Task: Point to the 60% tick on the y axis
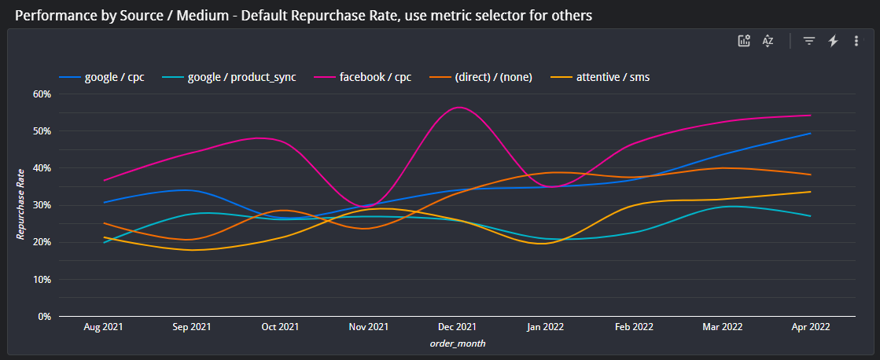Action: tap(41, 94)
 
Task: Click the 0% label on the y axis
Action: tap(43, 317)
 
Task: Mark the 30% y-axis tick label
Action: tap(41, 205)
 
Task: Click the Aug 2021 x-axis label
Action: tap(103, 326)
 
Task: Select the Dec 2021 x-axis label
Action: tap(457, 326)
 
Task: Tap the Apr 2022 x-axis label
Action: tap(810, 326)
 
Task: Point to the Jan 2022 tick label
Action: tap(545, 326)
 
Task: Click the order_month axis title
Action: tap(456, 343)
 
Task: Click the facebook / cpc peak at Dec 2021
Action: tap(458, 107)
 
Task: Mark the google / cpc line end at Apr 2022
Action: tap(810, 134)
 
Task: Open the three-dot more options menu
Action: tap(856, 42)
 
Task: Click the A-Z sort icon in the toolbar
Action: tap(768, 42)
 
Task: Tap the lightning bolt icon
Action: tap(833, 42)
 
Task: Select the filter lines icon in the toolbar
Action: tap(808, 42)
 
